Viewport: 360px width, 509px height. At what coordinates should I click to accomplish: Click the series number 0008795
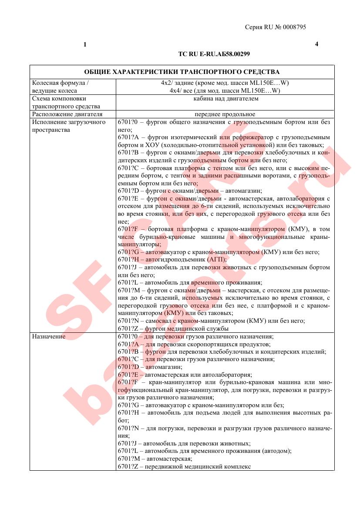tap(294, 27)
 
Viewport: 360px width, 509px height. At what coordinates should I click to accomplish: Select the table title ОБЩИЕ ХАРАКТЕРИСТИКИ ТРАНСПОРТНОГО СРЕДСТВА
tap(182, 72)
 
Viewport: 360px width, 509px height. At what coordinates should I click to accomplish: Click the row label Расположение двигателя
tap(67, 114)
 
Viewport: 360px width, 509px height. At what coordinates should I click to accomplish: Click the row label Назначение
tap(49, 337)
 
